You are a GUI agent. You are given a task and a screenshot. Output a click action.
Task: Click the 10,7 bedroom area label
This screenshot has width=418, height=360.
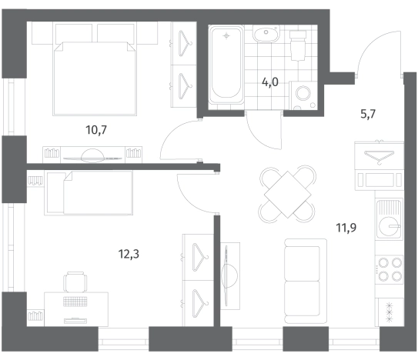tap(96, 130)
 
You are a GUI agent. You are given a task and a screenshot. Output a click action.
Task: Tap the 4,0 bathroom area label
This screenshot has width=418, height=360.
tap(270, 82)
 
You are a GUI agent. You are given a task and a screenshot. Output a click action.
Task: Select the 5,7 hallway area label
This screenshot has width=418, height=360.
tap(368, 114)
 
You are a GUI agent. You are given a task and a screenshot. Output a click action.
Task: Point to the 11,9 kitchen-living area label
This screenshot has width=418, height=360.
tap(346, 228)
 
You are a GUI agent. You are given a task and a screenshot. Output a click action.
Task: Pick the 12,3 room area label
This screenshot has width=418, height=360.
tap(129, 254)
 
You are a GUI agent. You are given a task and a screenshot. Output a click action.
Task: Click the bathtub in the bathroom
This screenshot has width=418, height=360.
tap(226, 65)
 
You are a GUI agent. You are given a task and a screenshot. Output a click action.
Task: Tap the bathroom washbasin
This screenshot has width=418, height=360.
tap(266, 34)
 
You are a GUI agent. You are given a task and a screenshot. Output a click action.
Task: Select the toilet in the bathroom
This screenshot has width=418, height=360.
tap(297, 45)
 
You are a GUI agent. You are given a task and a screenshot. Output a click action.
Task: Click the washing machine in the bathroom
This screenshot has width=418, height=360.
tap(303, 95)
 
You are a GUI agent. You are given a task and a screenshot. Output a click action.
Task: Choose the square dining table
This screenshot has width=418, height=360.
tap(288, 195)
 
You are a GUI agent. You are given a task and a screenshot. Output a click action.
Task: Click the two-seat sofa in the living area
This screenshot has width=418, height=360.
tap(306, 281)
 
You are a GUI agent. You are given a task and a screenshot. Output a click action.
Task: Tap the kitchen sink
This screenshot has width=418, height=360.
tap(389, 218)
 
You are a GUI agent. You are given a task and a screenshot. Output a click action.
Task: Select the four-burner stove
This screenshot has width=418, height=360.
tap(389, 270)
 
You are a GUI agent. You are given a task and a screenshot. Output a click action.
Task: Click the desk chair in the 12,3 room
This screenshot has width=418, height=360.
tap(75, 282)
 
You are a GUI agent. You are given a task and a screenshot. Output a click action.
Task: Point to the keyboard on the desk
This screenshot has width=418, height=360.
tap(75, 302)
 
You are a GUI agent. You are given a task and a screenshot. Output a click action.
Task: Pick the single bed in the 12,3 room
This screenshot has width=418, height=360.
tap(89, 193)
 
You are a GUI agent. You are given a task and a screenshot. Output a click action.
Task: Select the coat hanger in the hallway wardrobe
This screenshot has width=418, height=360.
tap(379, 156)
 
